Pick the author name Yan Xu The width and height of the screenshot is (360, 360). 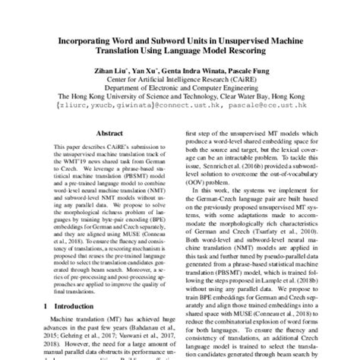[141, 71]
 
